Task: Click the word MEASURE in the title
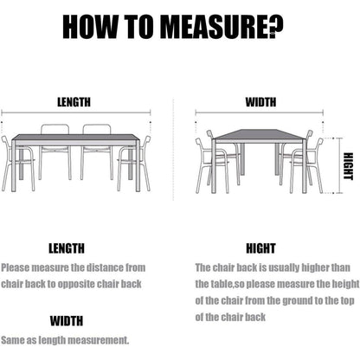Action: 215,27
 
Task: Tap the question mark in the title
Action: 276,27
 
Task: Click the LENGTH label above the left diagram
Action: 74,102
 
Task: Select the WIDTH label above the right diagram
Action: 260,102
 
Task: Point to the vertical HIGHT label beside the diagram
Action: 348,166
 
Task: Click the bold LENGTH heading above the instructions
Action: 67,248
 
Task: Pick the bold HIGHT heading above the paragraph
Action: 260,248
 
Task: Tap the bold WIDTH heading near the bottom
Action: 67,321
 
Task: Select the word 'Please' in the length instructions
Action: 16,267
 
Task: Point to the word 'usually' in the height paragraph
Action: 284,267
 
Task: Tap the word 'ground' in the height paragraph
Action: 298,300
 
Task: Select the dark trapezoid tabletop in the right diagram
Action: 260,134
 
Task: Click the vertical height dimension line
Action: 339,165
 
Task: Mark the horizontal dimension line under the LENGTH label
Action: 76,112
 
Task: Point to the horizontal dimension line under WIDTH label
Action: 260,112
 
